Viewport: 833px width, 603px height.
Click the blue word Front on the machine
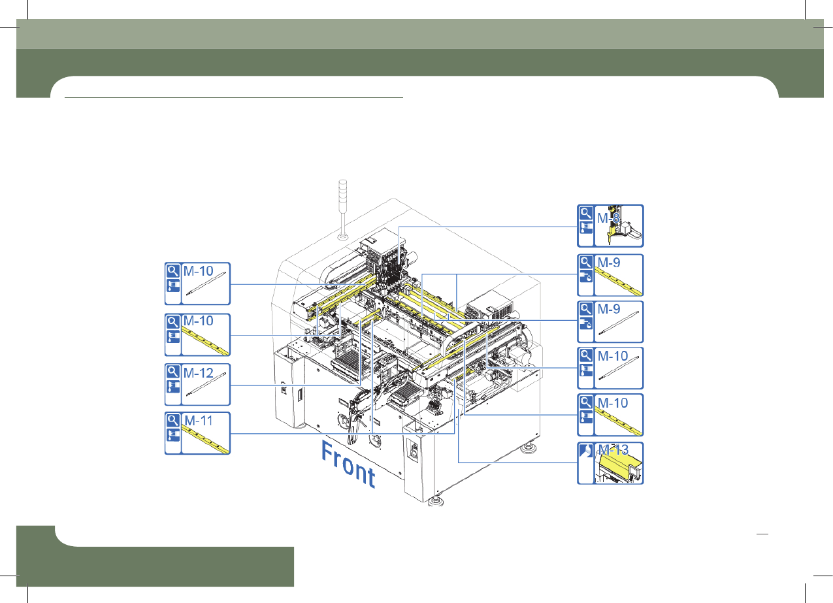point(348,464)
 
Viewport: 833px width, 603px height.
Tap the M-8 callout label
point(608,218)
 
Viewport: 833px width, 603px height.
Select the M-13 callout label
point(613,450)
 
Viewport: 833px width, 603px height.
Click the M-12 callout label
point(198,373)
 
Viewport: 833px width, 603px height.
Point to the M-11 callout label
point(199,421)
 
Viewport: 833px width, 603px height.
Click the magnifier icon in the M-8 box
point(586,214)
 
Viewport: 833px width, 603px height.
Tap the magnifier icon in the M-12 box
point(173,371)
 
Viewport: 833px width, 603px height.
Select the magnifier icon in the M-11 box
point(173,420)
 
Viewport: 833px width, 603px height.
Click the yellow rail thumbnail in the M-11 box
point(205,440)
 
